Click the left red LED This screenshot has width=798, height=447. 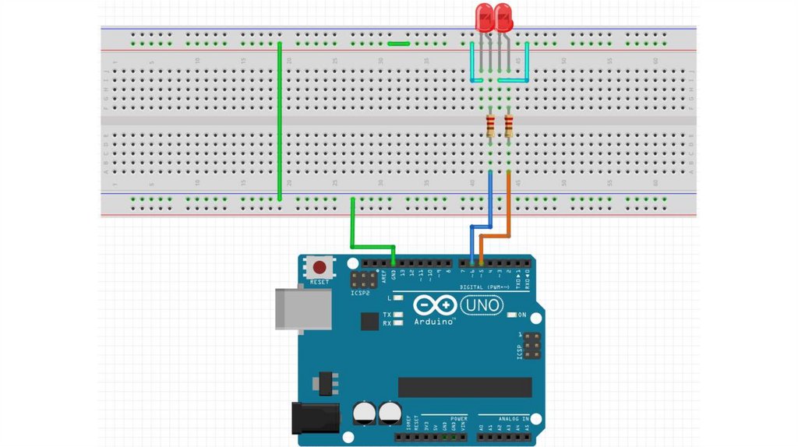click(x=484, y=18)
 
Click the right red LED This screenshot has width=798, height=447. click(x=503, y=18)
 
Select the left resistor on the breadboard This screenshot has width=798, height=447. click(x=490, y=125)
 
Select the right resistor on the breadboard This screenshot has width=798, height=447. click(x=509, y=125)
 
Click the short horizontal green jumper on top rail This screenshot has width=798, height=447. click(x=399, y=44)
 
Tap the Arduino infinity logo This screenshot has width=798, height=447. click(x=433, y=305)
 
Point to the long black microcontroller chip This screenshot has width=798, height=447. click(x=464, y=387)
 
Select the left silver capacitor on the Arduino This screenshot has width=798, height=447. click(x=364, y=413)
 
